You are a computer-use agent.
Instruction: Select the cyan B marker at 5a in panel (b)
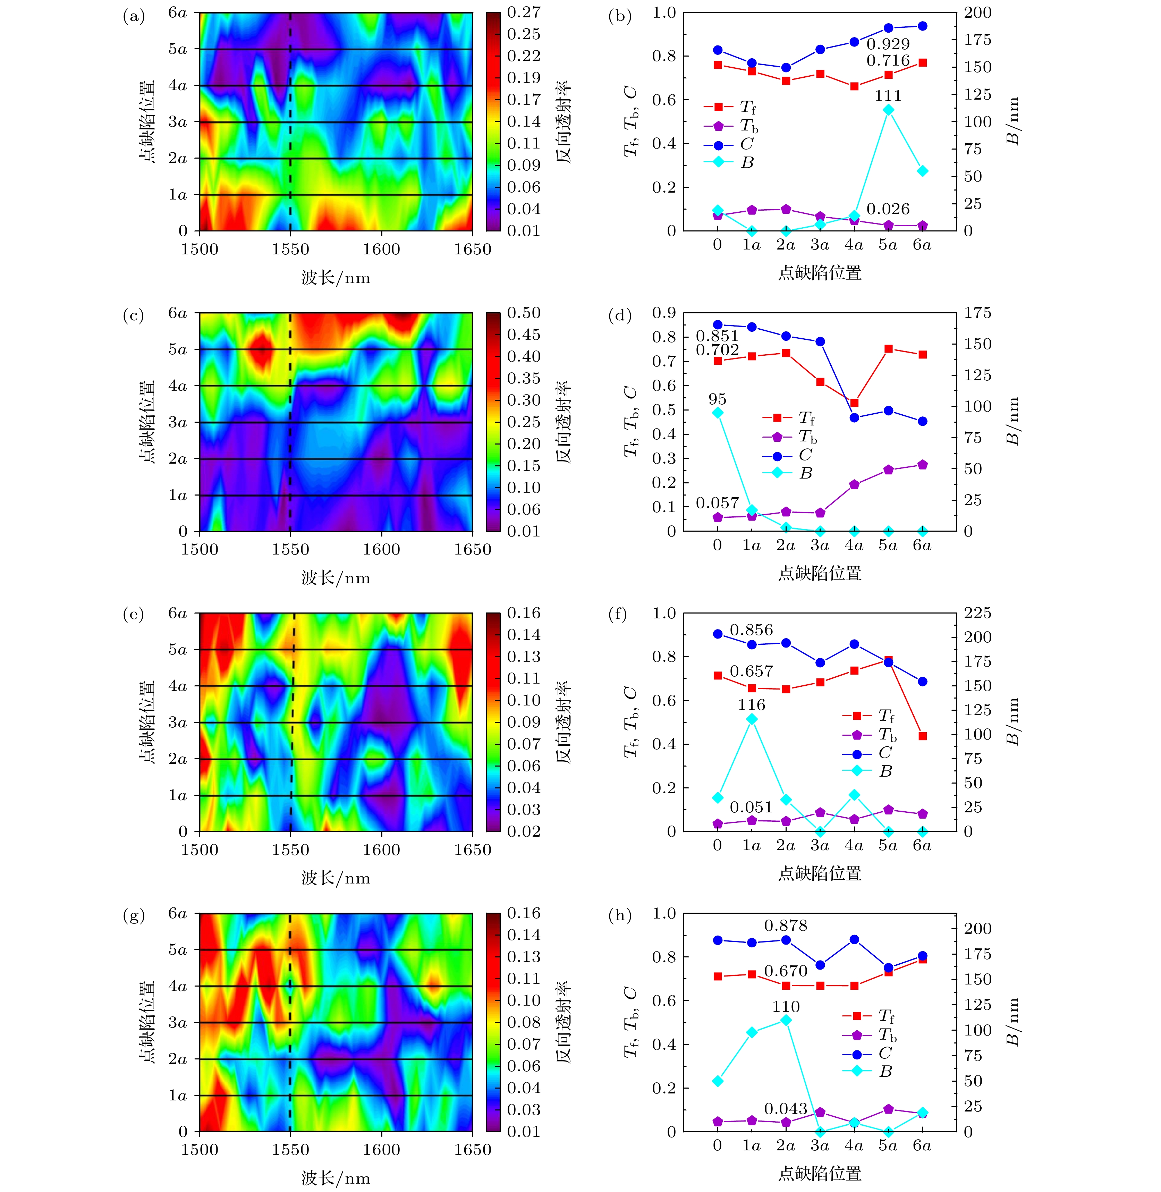tap(888, 110)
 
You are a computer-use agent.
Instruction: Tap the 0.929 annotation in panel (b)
tap(888, 44)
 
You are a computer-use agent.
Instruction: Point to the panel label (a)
tap(134, 16)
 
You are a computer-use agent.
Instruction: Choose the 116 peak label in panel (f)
tap(751, 705)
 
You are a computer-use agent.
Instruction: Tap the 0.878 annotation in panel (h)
tap(785, 925)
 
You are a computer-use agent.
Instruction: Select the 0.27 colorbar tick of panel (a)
tap(524, 12)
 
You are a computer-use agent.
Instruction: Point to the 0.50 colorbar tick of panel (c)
tap(524, 313)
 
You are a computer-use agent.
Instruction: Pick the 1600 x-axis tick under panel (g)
tap(382, 1149)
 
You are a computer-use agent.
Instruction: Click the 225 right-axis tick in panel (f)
tap(977, 613)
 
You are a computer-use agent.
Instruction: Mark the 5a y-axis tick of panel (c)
tap(177, 349)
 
